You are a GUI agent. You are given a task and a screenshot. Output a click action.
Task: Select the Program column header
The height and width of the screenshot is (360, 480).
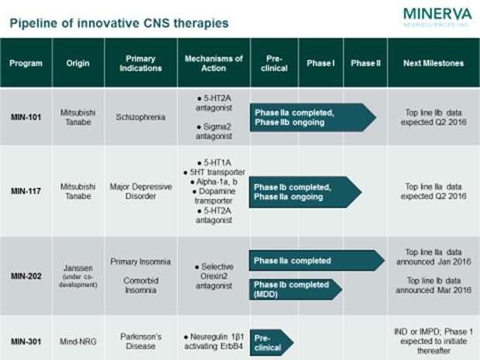[x=26, y=63]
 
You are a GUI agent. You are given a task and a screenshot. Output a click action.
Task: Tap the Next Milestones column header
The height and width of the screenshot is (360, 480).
[x=434, y=63]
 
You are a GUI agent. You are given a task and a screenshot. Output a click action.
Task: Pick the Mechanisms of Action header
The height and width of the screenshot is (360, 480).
[x=214, y=63]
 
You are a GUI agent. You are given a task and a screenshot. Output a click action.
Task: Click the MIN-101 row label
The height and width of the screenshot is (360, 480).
[x=26, y=117]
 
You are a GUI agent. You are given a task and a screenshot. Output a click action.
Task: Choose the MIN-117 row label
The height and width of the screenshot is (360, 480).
[x=26, y=190]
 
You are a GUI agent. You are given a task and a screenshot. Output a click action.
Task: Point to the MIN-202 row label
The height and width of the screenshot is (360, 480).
[x=26, y=273]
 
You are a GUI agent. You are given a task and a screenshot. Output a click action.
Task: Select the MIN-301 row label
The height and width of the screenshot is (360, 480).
[x=26, y=338]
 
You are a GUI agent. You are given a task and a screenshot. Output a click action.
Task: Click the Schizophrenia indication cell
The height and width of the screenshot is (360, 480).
[x=140, y=117]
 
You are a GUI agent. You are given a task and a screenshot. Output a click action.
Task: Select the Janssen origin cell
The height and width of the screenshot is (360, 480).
[x=76, y=273]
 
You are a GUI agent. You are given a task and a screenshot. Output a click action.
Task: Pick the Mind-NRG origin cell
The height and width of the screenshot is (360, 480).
[x=76, y=338]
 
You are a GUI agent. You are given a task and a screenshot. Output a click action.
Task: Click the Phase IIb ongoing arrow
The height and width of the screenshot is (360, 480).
[x=310, y=117]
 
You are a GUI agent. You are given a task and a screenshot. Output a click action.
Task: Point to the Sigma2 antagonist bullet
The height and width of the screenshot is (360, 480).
[x=214, y=134]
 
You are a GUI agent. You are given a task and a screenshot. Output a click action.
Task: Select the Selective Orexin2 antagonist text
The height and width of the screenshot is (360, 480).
[x=214, y=273]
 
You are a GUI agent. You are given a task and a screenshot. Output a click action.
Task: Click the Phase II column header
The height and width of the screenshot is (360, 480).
[x=365, y=63]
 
